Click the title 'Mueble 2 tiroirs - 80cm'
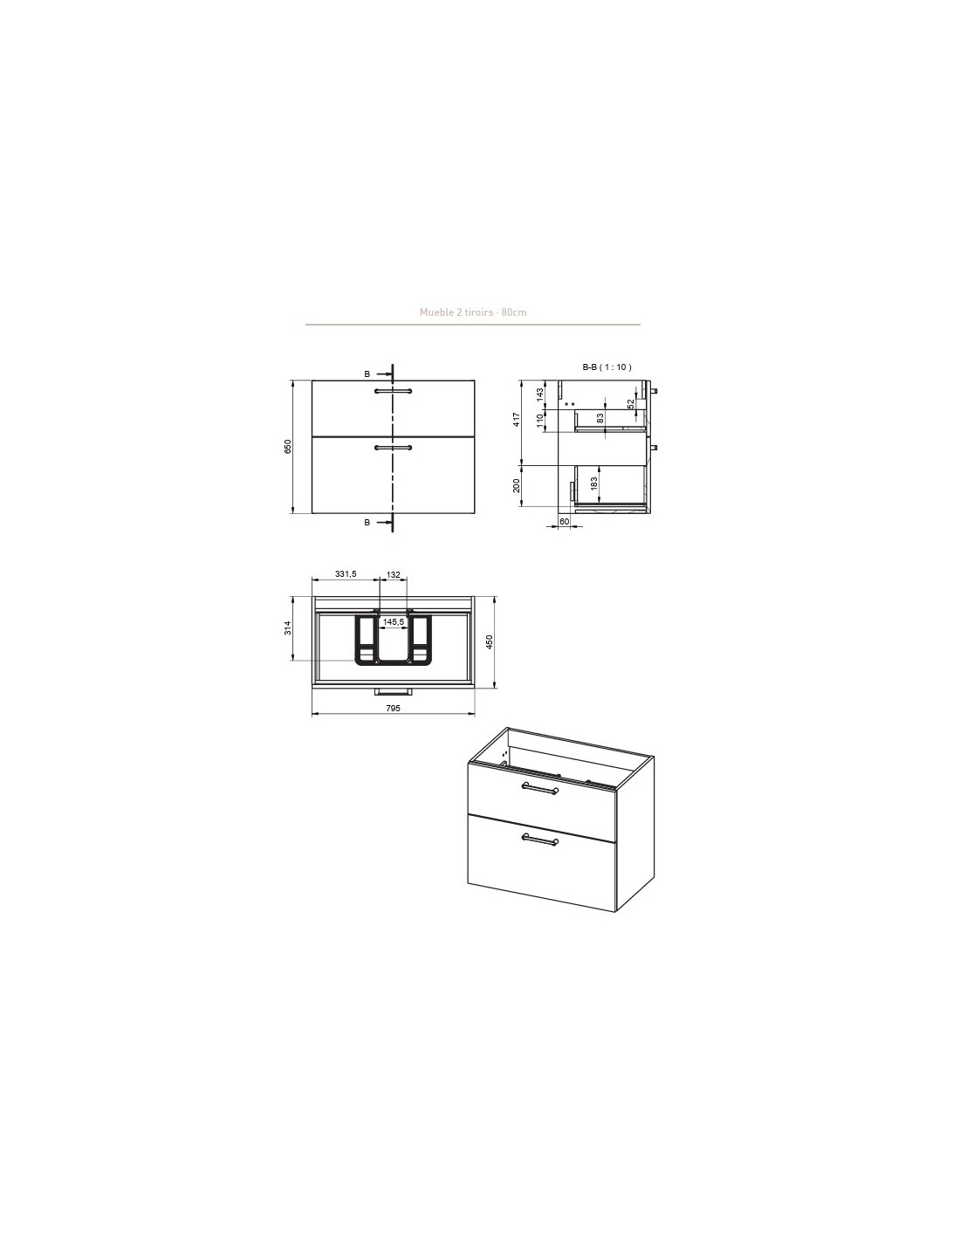coord(473,312)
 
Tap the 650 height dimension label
coord(288,447)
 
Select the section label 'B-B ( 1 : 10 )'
coord(607,367)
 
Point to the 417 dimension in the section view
coord(517,420)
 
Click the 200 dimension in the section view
coord(517,486)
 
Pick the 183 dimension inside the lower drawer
coord(594,484)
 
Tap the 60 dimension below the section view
coord(564,521)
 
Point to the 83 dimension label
coord(600,418)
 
